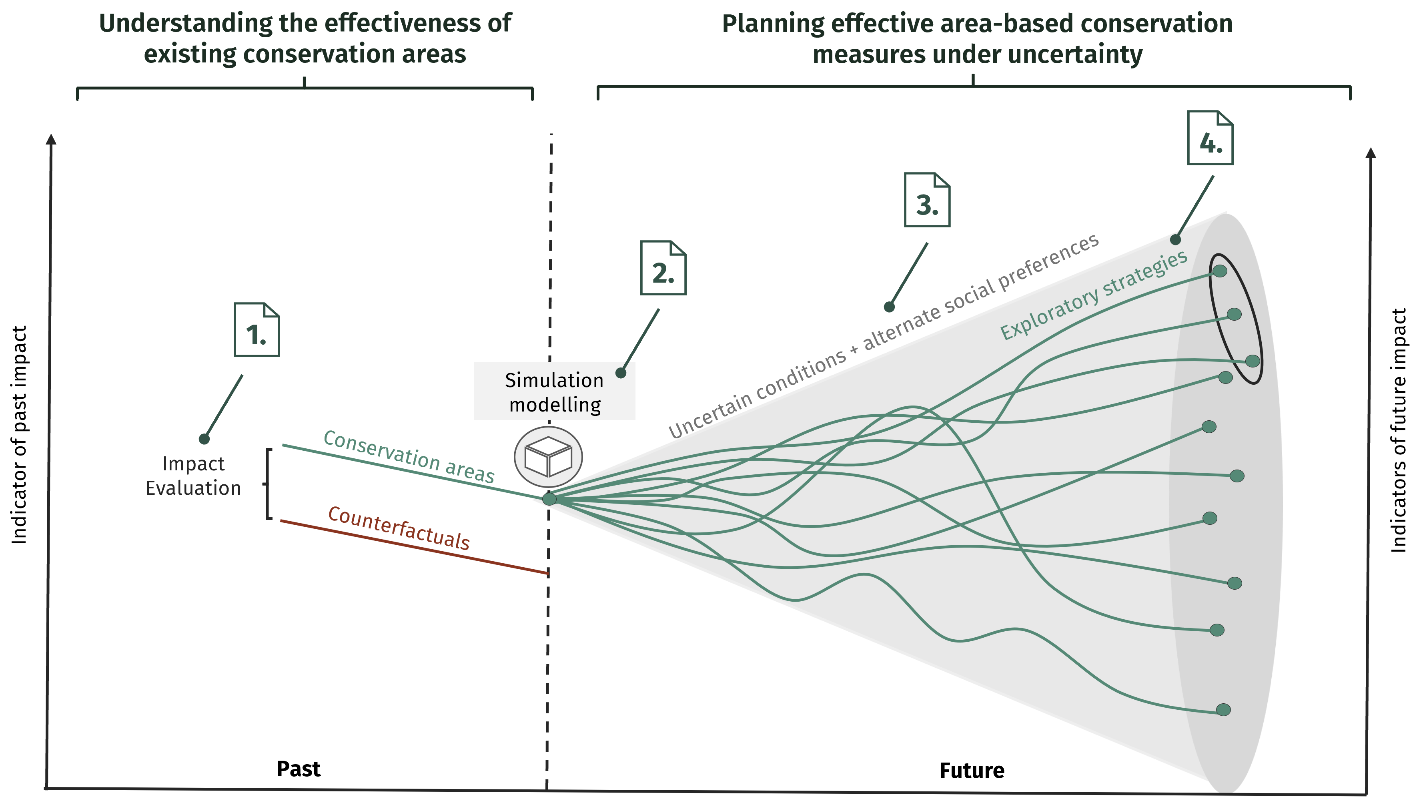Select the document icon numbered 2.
click(663, 268)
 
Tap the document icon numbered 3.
click(927, 200)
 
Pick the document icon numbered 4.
click(1210, 138)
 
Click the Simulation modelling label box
click(554, 391)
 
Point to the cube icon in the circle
click(548, 456)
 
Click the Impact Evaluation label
click(193, 476)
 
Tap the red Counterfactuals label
click(399, 528)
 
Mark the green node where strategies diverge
click(549, 498)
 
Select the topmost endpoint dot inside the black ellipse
click(1220, 271)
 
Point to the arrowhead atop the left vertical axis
click(51, 139)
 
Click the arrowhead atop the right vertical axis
click(1371, 153)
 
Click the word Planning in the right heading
click(773, 24)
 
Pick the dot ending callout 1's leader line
click(204, 439)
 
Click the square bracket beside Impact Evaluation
click(269, 484)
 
